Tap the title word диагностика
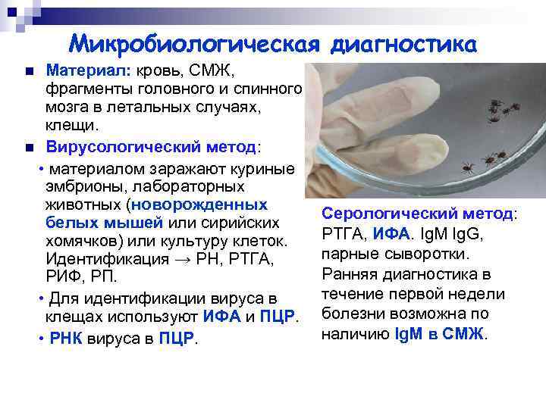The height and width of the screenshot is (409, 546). coord(406,42)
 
